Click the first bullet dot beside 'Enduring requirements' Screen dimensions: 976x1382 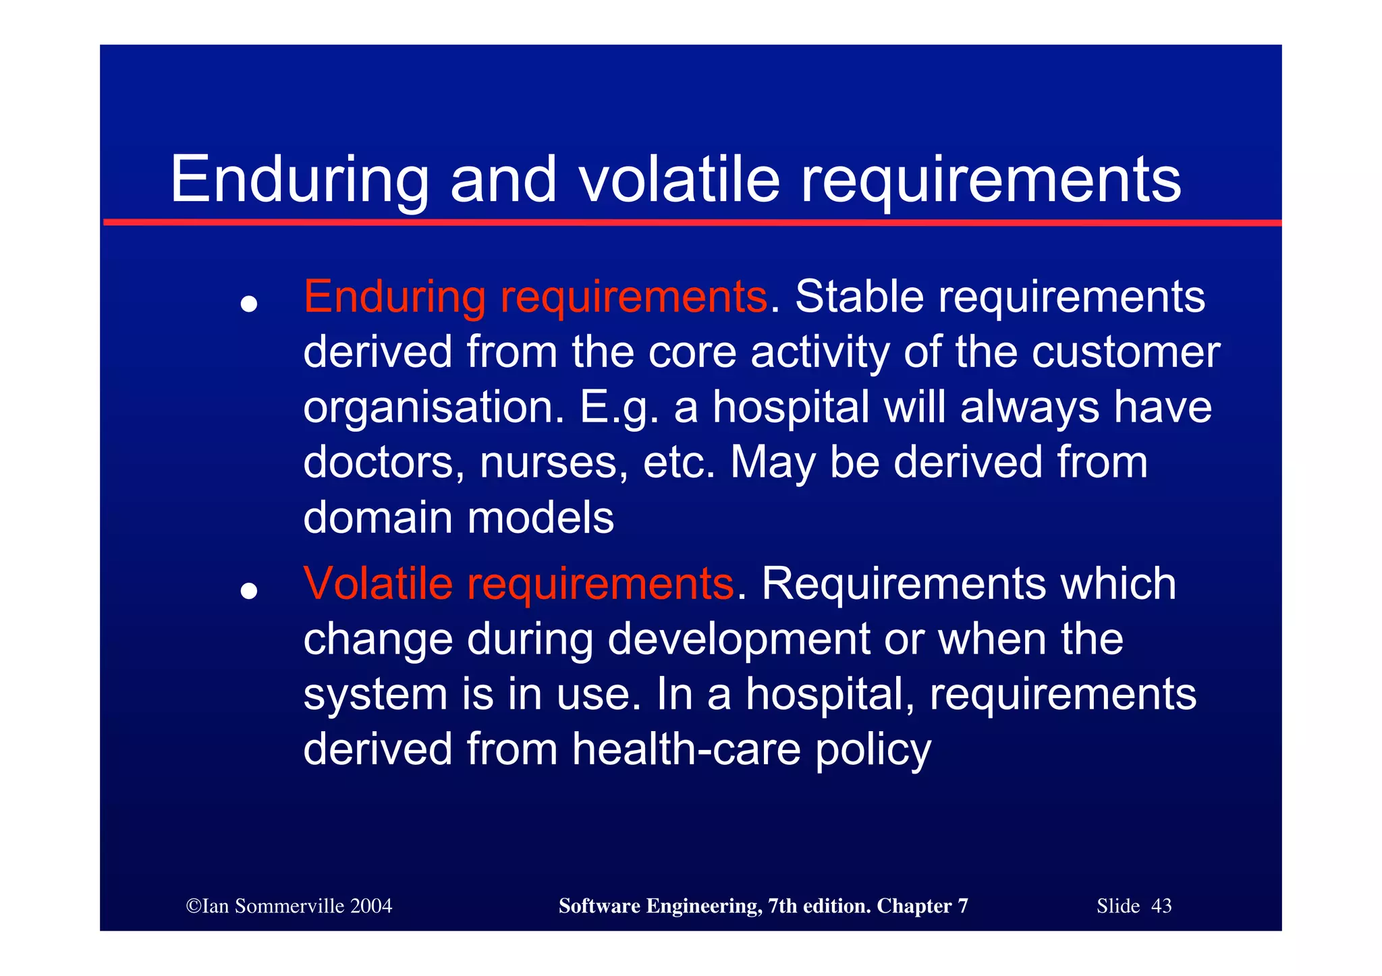pos(249,304)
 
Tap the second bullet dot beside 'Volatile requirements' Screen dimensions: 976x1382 pos(249,591)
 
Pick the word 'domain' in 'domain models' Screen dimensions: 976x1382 pos(377,518)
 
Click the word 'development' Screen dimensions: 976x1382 pos(738,639)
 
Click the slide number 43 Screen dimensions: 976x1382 pos(1161,906)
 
